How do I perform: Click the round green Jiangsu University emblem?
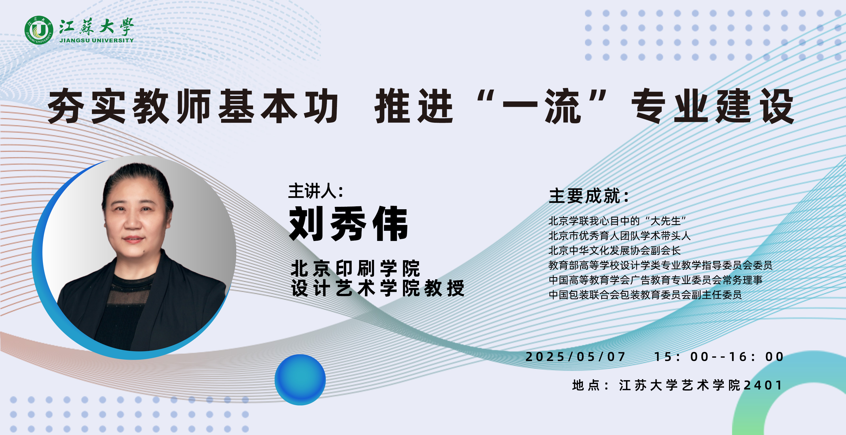pos(39,30)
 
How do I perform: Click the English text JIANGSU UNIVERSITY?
pos(96,40)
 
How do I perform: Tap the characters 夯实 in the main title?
pos(87,106)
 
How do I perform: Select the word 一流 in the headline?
pos(542,106)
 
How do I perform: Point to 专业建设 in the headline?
pos(713,106)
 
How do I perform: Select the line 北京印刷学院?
pos(355,268)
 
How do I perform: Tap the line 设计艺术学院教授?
pos(378,288)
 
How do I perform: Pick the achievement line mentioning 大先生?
pos(617,221)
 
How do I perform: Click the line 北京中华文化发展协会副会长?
pos(615,251)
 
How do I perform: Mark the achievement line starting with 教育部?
pos(660,265)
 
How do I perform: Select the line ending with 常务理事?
pos(656,280)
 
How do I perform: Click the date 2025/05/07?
pos(575,357)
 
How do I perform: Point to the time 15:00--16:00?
pos(719,357)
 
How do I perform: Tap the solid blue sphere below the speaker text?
pos(300,380)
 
